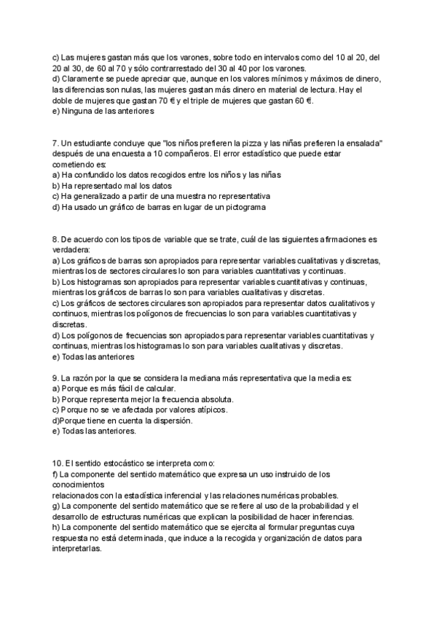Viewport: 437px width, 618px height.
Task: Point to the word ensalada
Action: click(x=364, y=144)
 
